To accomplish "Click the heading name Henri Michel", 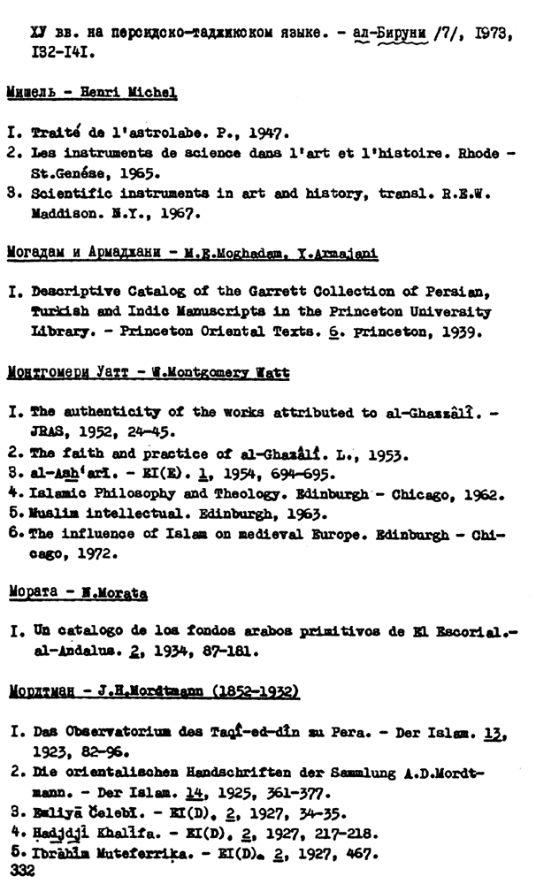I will click(x=137, y=93).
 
